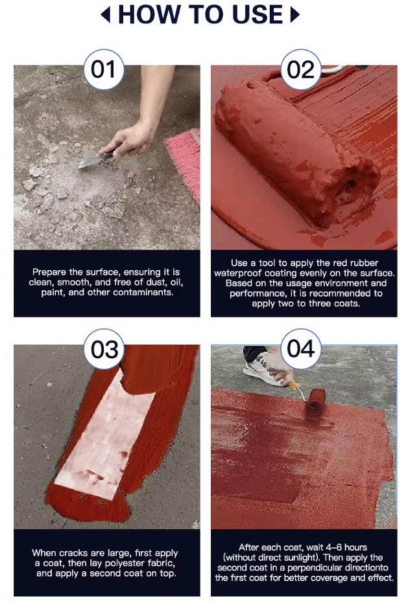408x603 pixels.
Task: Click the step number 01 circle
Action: pos(104,69)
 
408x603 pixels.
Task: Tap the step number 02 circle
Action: pos(301,69)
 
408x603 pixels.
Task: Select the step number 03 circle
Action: pos(104,349)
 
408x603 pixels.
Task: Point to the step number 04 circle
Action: pos(301,349)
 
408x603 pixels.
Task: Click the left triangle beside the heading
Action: pos(105,15)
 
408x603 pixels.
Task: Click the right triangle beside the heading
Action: pos(294,15)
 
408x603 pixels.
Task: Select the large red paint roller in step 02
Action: pos(294,154)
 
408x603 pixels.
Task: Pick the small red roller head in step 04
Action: pos(315,402)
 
